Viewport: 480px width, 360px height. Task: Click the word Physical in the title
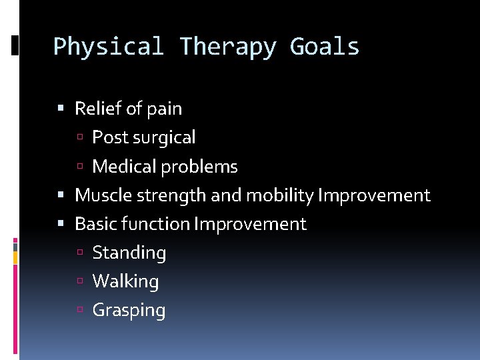[x=108, y=47]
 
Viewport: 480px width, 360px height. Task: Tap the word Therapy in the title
[x=227, y=47]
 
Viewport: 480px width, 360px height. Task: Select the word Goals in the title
[x=325, y=47]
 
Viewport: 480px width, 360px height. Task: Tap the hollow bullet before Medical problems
[x=79, y=167]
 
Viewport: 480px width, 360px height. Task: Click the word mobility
[x=280, y=195]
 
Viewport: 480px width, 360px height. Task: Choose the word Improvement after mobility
[x=374, y=195]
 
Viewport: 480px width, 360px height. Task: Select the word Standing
[x=129, y=253]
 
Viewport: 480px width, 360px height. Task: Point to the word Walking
[x=125, y=282]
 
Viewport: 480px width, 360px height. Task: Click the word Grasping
[x=129, y=311]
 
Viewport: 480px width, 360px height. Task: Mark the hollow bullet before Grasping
[x=79, y=311]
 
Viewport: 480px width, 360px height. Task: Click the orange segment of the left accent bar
[x=15, y=257]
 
